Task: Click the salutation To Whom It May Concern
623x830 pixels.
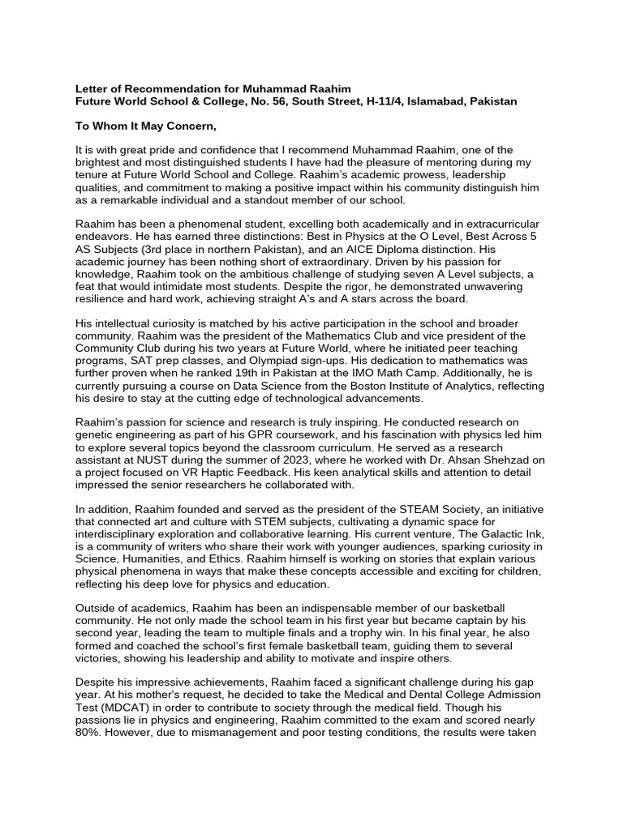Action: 147,126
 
